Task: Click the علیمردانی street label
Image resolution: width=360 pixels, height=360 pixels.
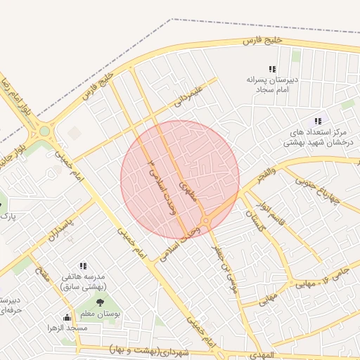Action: (x=189, y=96)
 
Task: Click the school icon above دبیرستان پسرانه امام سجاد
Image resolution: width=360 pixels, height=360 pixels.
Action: (x=273, y=69)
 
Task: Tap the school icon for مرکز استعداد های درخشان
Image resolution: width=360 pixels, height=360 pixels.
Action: (x=319, y=121)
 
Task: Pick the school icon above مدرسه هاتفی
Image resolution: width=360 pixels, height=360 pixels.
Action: (x=83, y=266)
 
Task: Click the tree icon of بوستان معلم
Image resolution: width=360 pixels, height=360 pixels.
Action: (x=98, y=302)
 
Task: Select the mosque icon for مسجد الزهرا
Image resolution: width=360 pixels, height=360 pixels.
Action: (x=67, y=317)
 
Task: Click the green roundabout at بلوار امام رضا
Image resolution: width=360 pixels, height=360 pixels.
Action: (x=45, y=131)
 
